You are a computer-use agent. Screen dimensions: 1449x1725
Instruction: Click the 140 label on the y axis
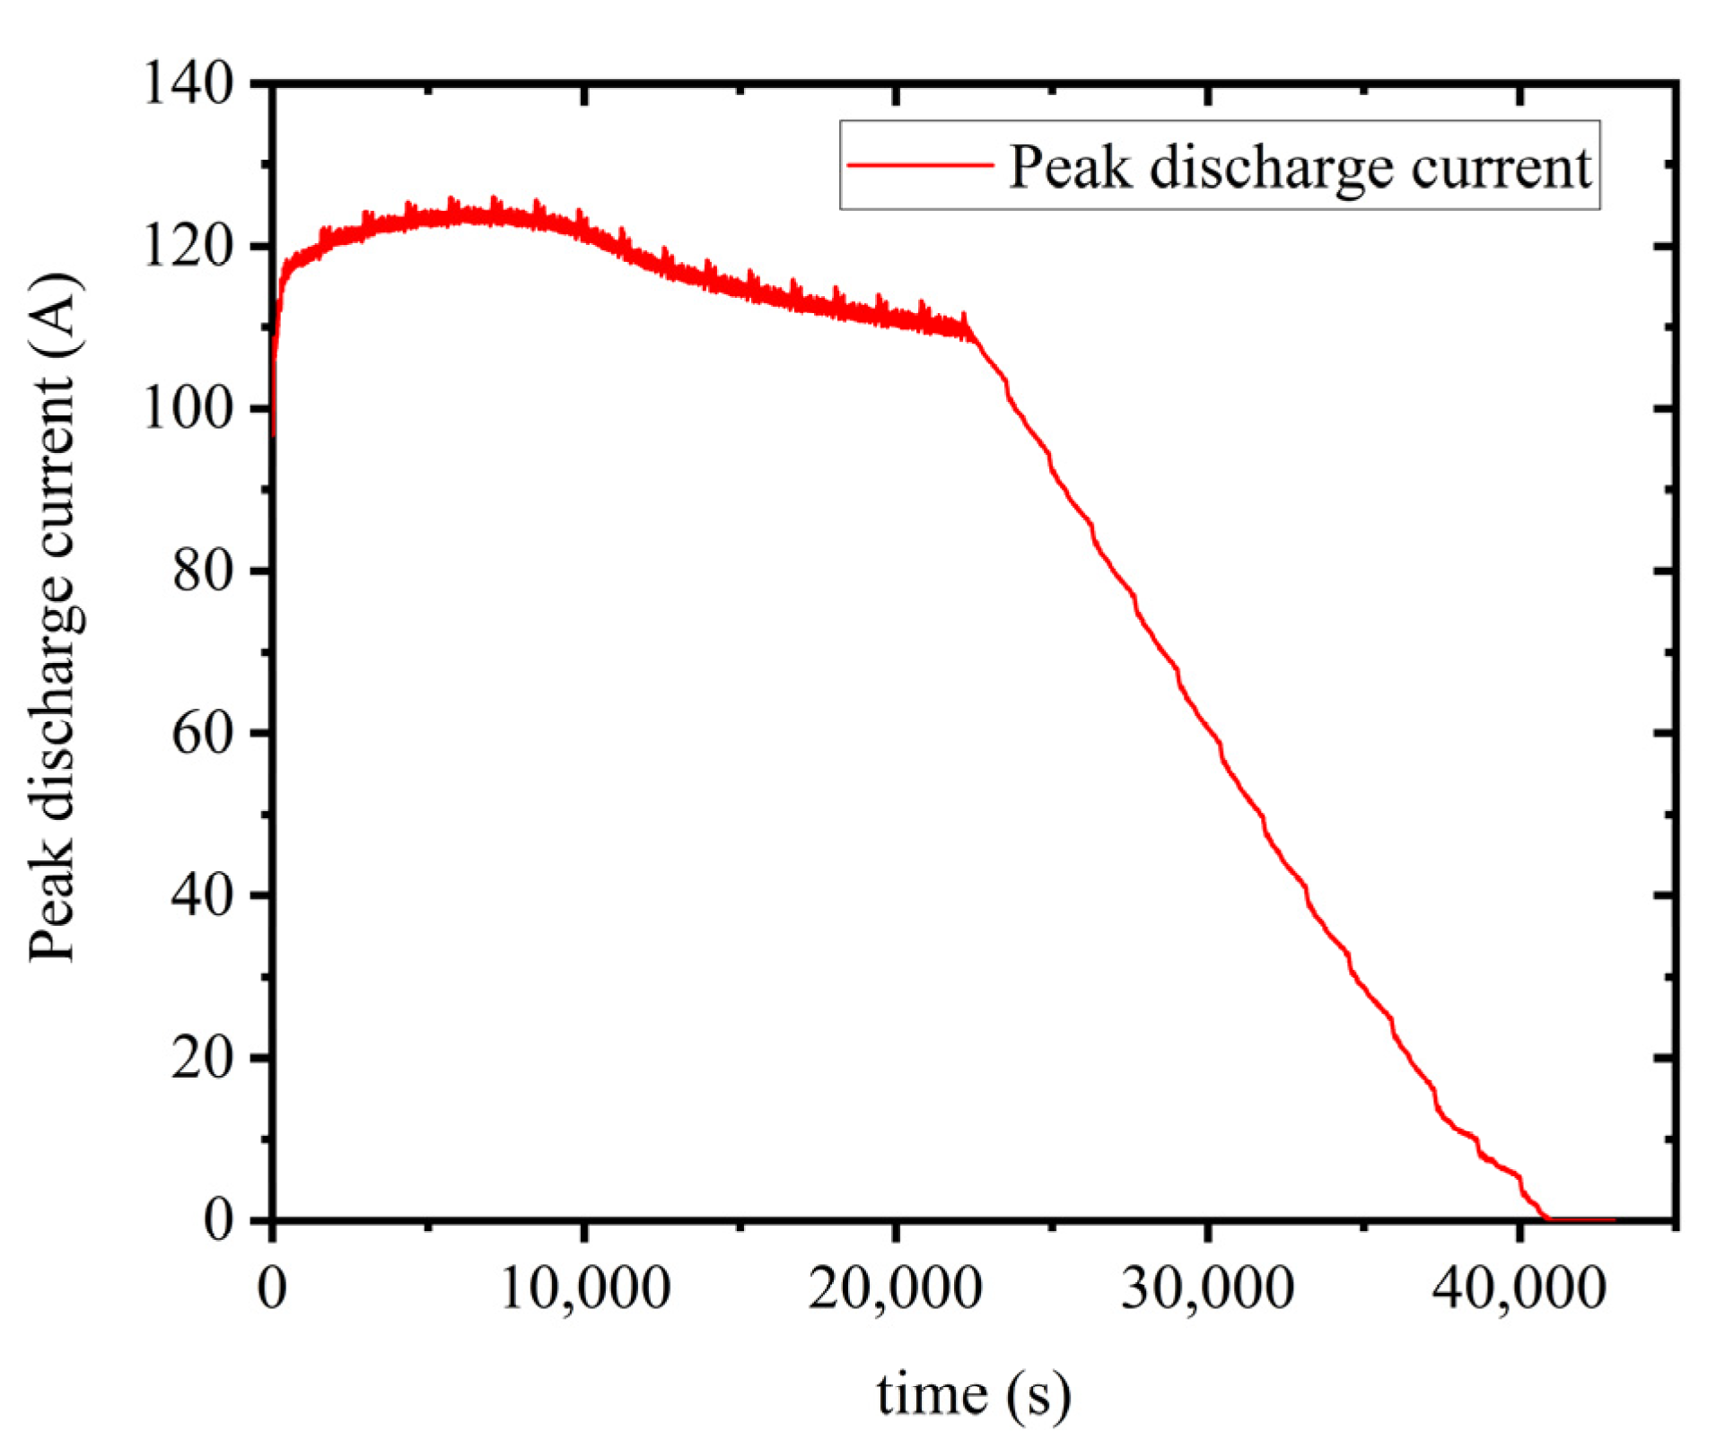pyautogui.click(x=188, y=85)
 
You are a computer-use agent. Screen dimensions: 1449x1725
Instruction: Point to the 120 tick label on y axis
pyautogui.click(x=188, y=247)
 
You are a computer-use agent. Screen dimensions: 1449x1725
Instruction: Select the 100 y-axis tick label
pyautogui.click(x=188, y=409)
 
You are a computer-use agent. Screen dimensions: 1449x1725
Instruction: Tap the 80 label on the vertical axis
pyautogui.click(x=204, y=572)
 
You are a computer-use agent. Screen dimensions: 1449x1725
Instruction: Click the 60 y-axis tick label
pyautogui.click(x=204, y=734)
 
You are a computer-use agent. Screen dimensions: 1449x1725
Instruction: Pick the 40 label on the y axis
pyautogui.click(x=204, y=895)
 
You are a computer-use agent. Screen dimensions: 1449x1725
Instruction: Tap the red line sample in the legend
pyautogui.click(x=920, y=165)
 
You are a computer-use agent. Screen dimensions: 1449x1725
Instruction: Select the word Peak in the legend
pyautogui.click(x=1070, y=167)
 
